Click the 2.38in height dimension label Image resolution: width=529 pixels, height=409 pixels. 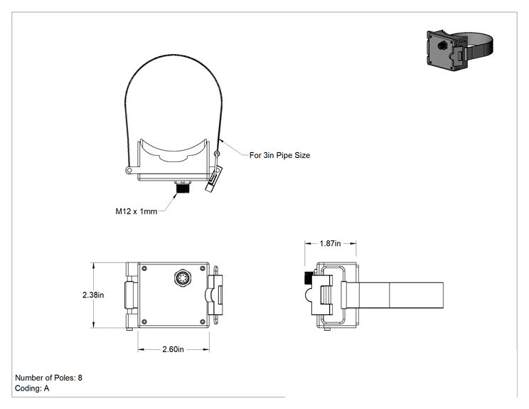[93, 295]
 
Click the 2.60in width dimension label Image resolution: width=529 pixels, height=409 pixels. [173, 349]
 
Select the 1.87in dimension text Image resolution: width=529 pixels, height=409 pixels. [331, 243]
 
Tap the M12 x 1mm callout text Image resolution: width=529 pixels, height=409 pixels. [137, 211]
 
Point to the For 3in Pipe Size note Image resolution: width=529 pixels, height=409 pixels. [279, 155]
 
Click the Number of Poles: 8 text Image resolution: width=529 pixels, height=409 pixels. [48, 378]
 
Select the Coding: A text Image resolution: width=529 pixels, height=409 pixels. [32, 388]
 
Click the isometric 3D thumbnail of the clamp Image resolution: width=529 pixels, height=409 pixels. [459, 50]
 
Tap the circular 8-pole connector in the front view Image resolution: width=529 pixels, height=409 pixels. [182, 278]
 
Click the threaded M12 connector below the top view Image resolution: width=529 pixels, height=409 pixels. [183, 187]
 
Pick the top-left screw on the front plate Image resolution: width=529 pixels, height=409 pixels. [144, 269]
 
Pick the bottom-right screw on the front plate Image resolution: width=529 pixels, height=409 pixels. [203, 322]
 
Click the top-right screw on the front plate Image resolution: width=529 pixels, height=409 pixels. [203, 269]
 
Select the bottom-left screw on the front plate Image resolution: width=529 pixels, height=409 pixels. [144, 322]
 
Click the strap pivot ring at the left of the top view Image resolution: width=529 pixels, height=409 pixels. [129, 171]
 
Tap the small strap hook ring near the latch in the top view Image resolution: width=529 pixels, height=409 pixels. [217, 154]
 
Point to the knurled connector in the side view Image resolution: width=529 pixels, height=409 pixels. [309, 277]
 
